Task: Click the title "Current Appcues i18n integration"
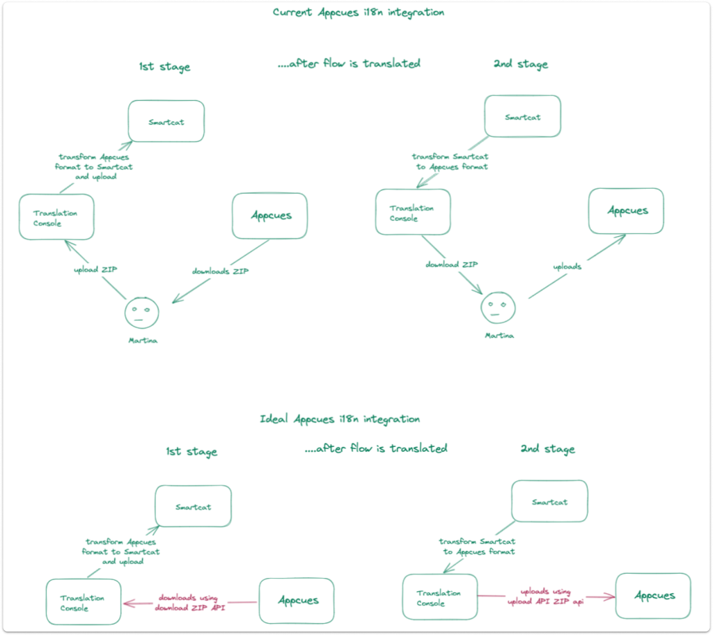pos(359,13)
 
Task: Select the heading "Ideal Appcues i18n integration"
pos(340,419)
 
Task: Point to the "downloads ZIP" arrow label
pos(220,271)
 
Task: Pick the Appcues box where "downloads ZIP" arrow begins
pos(270,216)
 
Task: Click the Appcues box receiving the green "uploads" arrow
pos(626,211)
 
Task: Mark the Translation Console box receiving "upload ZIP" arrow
pos(56,218)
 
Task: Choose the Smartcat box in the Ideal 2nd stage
pos(549,501)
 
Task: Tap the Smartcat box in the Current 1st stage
pos(166,122)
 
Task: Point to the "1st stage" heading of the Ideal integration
pos(191,452)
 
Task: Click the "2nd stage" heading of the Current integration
pos(521,64)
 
